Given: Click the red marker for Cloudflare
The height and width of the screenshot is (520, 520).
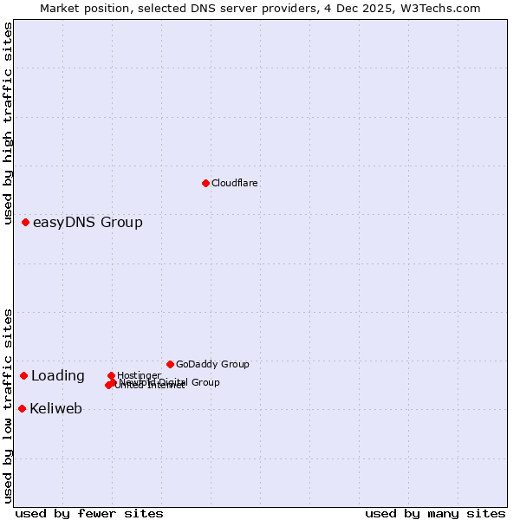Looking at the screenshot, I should [x=205, y=183].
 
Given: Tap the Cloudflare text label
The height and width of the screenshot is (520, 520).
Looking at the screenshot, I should [x=235, y=183].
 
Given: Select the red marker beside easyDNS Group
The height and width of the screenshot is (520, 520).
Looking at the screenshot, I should [x=26, y=223].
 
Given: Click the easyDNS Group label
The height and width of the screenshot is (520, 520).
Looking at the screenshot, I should [x=88, y=223].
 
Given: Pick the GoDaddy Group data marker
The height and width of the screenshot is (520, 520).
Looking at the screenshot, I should [x=170, y=364].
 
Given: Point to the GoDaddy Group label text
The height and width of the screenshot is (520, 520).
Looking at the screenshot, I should [x=212, y=364].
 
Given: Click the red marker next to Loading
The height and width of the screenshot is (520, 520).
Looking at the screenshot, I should [x=24, y=376].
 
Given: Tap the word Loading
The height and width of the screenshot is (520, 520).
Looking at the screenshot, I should [x=58, y=376].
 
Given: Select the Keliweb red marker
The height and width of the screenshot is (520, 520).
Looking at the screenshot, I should [x=23, y=408].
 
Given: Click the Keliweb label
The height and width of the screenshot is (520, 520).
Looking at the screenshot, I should [x=56, y=409].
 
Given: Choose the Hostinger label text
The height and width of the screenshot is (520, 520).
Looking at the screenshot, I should [x=139, y=375].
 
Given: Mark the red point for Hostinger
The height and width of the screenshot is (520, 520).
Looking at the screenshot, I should [x=111, y=375].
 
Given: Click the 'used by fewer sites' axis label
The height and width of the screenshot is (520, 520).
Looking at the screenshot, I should [x=89, y=513].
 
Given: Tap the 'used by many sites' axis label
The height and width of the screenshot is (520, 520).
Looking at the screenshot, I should [x=435, y=513].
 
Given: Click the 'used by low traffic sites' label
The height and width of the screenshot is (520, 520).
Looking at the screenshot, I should [x=8, y=406].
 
